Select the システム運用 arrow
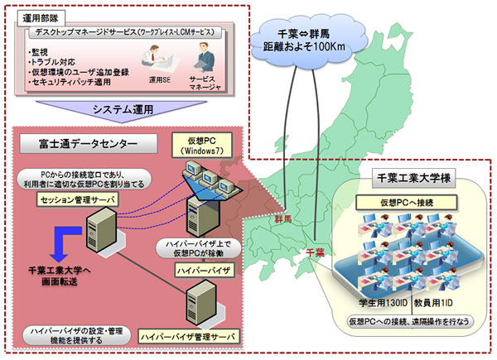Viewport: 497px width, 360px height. coord(124,110)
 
